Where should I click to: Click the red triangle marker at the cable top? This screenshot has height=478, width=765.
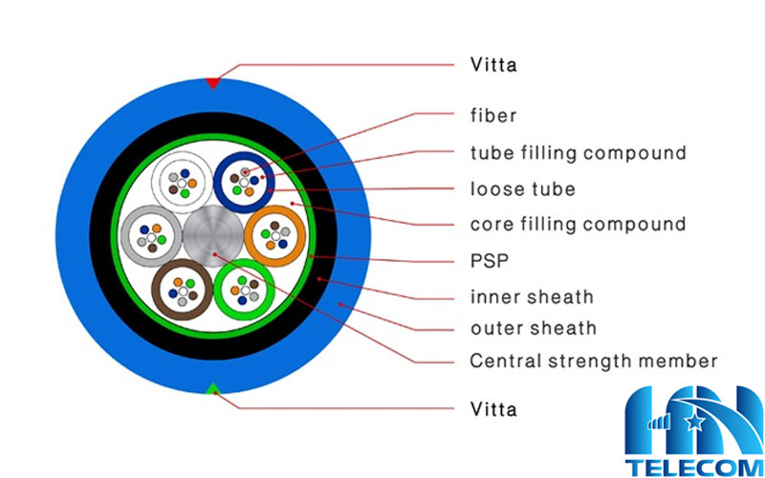click(213, 82)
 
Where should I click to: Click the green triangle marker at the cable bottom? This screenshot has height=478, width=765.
click(213, 388)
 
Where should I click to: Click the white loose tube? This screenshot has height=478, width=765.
click(182, 179)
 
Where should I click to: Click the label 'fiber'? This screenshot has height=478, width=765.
click(493, 116)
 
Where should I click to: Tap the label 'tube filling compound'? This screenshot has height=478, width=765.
click(578, 152)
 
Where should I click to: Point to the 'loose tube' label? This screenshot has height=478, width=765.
click(522, 188)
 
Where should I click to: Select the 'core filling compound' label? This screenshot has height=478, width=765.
click(578, 225)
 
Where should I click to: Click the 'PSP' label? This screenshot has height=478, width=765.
click(490, 260)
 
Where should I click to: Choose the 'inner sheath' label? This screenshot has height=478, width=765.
click(532, 296)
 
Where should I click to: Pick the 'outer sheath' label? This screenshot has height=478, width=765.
click(533, 328)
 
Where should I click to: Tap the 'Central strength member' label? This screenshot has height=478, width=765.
click(593, 361)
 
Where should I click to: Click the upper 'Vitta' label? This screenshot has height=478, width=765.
click(493, 65)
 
